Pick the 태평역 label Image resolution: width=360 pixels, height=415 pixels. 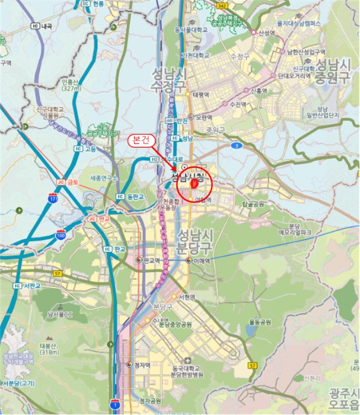tap(200, 94)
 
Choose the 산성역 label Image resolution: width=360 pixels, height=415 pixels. tap(267, 33)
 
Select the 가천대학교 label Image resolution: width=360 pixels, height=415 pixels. tap(195, 55)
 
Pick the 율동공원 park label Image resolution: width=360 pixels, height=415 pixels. tap(260, 322)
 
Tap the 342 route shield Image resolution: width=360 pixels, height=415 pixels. tap(222, 5)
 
